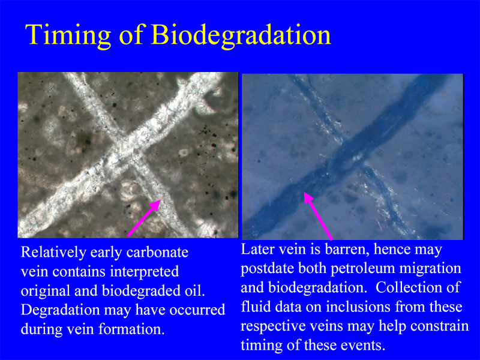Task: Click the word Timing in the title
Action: point(68,35)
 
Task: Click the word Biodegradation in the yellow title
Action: point(241,35)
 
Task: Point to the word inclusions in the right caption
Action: point(358,307)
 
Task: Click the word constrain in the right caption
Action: point(439,326)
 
